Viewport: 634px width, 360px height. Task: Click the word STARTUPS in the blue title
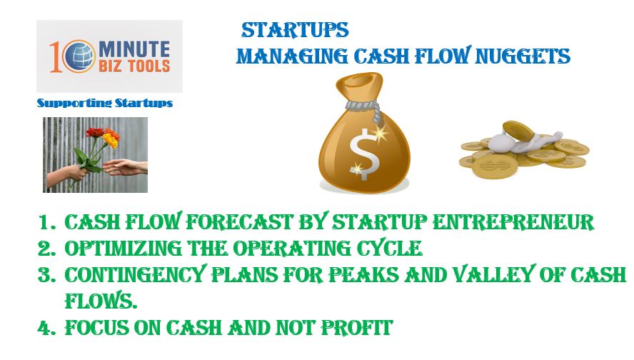point(295,30)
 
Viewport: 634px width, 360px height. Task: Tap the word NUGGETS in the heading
point(523,56)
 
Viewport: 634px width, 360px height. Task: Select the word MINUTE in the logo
point(134,49)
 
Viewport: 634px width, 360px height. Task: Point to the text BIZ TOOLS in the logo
point(134,66)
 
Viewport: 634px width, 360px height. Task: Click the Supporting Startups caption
point(105,103)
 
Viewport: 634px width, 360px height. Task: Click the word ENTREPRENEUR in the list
point(513,221)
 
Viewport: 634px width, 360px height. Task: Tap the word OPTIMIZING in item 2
point(124,248)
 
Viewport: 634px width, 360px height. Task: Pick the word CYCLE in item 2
point(389,248)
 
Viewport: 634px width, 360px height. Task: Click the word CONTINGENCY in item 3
point(136,275)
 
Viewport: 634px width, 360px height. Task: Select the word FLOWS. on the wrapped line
point(101,301)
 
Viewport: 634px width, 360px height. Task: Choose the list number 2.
point(46,249)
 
